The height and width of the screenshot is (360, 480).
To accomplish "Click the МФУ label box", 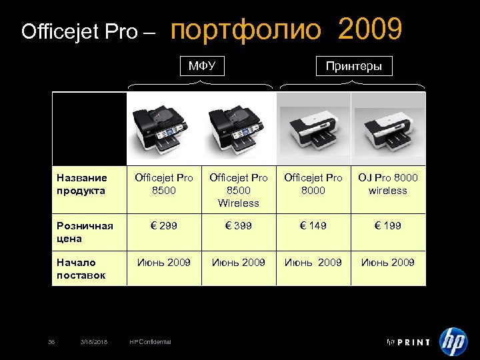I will tap(202, 66).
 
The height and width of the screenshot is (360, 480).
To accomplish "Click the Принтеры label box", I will tap(353, 66).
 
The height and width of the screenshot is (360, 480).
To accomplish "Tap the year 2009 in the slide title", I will tap(370, 30).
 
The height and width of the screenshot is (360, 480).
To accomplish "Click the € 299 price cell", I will tap(164, 226).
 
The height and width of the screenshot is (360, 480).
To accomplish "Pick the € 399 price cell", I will tap(239, 226).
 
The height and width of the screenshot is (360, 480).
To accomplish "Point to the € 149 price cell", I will tap(313, 226).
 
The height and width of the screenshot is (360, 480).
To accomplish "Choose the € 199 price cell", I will tap(388, 226).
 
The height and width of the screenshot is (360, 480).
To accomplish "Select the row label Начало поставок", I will tap(81, 269).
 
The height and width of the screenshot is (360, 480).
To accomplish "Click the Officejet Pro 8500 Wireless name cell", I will tap(239, 190).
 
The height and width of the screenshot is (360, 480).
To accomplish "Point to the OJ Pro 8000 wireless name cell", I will tap(388, 184).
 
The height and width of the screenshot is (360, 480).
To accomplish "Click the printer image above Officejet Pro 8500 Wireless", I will tap(239, 129).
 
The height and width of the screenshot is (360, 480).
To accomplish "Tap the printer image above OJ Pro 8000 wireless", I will tap(388, 129).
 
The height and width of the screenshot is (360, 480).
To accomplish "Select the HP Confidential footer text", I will tap(150, 342).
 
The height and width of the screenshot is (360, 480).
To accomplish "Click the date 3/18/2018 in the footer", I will tap(93, 342).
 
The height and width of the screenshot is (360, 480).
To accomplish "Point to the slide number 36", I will tap(51, 342).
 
